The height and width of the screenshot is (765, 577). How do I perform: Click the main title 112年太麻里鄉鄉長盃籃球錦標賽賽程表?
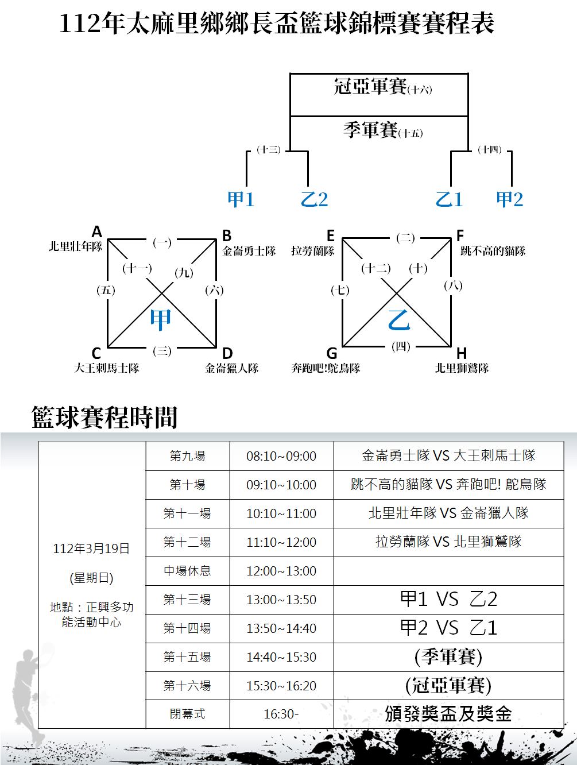pyautogui.click(x=277, y=24)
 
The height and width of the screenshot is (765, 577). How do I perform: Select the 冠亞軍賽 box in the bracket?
pyautogui.click(x=379, y=87)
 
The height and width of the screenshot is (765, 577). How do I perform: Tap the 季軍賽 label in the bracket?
pyautogui.click(x=379, y=130)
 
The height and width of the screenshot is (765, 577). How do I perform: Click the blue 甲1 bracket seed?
pyautogui.click(x=241, y=199)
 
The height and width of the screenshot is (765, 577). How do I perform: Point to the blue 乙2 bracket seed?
pyautogui.click(x=314, y=199)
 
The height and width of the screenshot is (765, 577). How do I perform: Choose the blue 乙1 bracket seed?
pyautogui.click(x=449, y=199)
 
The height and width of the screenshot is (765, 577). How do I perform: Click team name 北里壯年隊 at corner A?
pyautogui.click(x=75, y=247)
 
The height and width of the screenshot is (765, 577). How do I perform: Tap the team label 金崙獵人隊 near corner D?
pyautogui.click(x=232, y=368)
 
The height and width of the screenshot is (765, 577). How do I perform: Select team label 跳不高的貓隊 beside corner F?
pyautogui.click(x=493, y=251)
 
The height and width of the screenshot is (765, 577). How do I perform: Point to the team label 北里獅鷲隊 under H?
pyautogui.click(x=462, y=368)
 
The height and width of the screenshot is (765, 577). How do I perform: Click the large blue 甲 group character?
pyautogui.click(x=160, y=319)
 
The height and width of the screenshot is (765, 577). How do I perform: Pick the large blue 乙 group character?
pyautogui.click(x=399, y=320)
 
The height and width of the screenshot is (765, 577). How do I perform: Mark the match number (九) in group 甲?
pyautogui.click(x=184, y=273)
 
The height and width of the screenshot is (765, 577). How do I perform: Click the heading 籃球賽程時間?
pyautogui.click(x=104, y=418)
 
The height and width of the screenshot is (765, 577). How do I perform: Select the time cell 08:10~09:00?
pyautogui.click(x=281, y=457)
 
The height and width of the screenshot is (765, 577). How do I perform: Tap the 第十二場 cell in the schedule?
pyautogui.click(x=187, y=542)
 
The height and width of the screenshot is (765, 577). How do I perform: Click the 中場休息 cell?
pyautogui.click(x=187, y=571)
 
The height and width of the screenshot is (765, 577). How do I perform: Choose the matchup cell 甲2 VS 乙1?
pyautogui.click(x=448, y=628)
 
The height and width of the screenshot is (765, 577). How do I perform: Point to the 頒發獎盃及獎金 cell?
pyautogui.click(x=448, y=714)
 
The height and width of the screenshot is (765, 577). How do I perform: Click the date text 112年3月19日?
pyautogui.click(x=91, y=549)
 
